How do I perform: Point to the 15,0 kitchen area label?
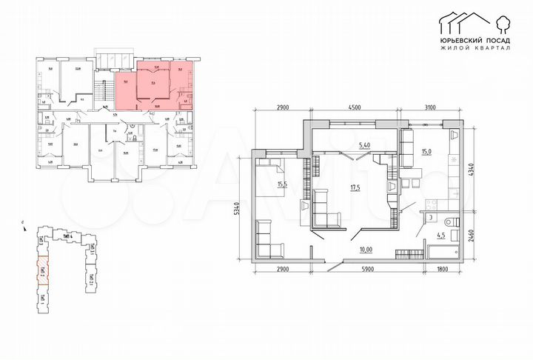coord(427,153)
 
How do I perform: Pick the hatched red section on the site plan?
coord(42,265)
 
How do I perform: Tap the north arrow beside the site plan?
coord(24,223)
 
